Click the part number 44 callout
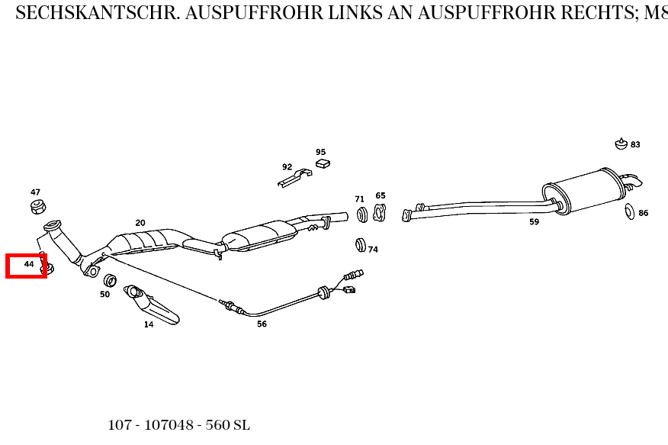tap(29, 264)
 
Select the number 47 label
tap(36, 192)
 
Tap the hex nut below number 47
tap(37, 206)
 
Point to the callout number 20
tap(140, 223)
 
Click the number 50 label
tap(104, 294)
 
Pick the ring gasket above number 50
tap(110, 279)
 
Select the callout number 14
tap(149, 324)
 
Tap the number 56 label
tap(262, 324)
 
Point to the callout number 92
tap(287, 166)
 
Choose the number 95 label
tap(321, 152)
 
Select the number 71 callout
tap(359, 199)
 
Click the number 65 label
tap(381, 196)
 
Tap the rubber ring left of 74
tap(361, 245)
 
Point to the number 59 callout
tap(534, 222)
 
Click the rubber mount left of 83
tap(621, 143)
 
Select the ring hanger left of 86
tap(630, 211)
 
